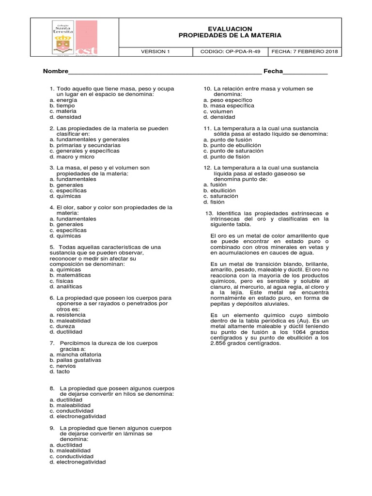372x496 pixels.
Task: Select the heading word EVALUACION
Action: click(230, 29)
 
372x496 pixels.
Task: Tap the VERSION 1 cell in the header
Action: click(155, 52)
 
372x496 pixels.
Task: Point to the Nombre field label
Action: click(55, 71)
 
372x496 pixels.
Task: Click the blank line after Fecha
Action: click(305, 72)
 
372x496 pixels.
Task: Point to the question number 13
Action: click(209, 213)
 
